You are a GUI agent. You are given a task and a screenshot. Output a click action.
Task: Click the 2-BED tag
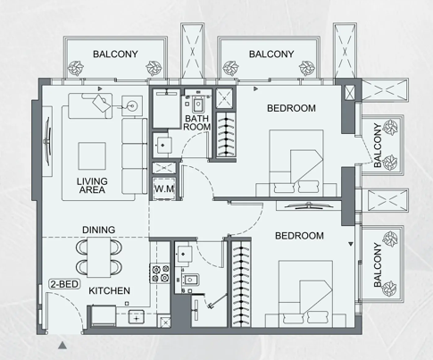[x=64, y=286]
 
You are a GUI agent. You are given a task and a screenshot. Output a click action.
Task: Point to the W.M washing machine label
[x=163, y=189]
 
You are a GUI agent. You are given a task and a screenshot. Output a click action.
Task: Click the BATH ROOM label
[x=196, y=122]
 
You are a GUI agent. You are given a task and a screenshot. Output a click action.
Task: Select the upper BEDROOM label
[x=291, y=109]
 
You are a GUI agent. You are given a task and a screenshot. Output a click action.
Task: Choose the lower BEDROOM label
[x=299, y=236]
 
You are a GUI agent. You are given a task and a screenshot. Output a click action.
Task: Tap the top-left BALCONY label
[x=114, y=54]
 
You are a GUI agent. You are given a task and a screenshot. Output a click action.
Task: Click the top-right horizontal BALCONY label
[x=271, y=54]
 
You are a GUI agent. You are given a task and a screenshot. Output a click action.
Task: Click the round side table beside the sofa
[x=134, y=104]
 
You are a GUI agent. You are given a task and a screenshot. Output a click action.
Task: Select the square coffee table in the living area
[x=95, y=157]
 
